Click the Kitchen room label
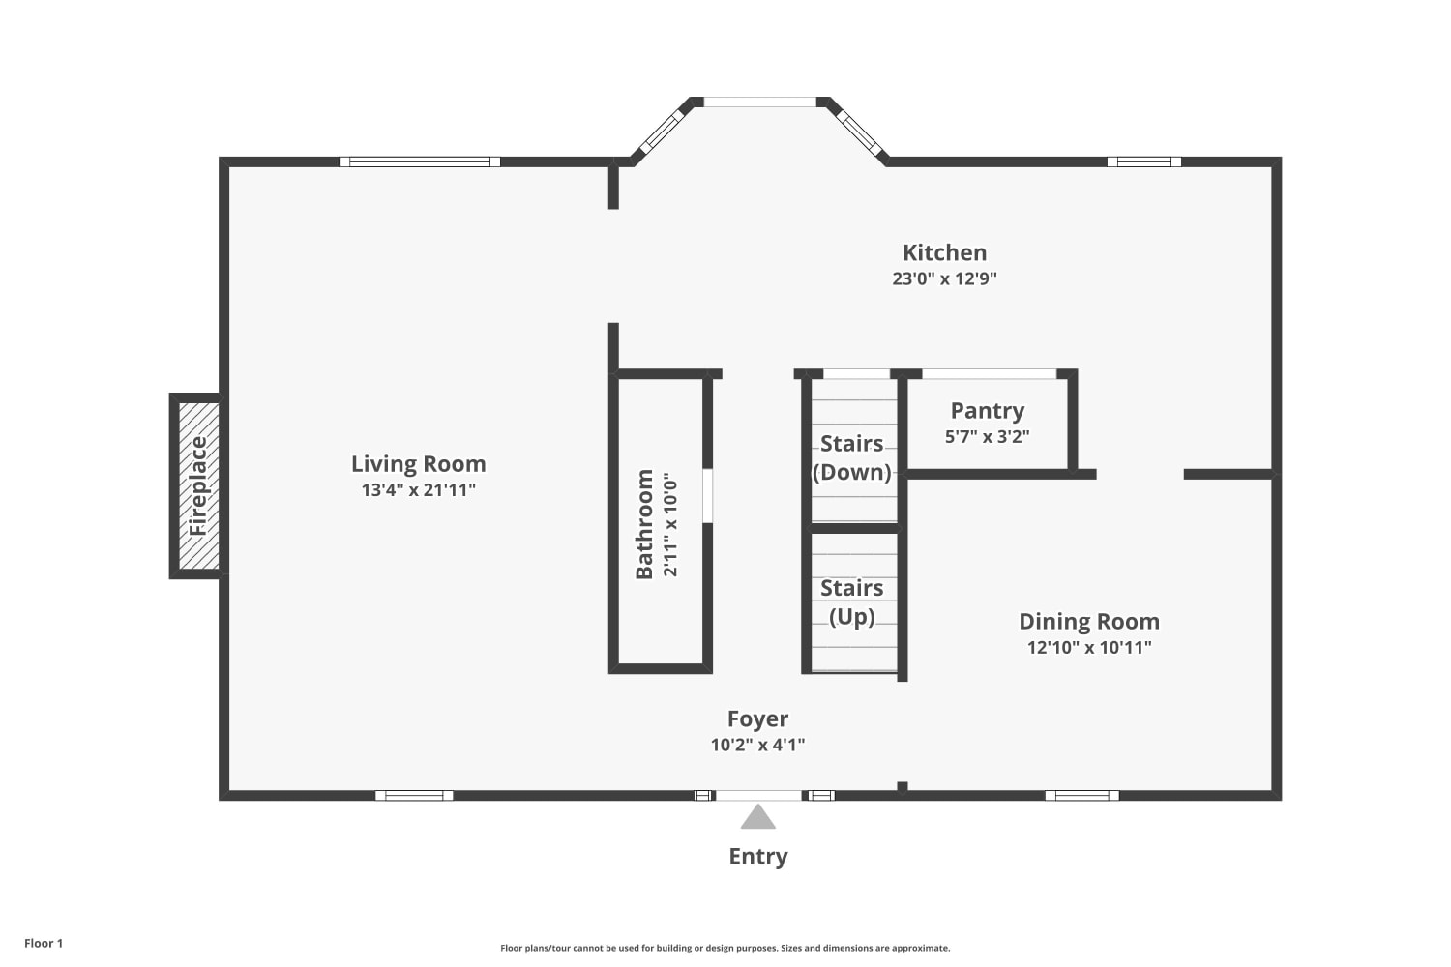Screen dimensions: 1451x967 (944, 252)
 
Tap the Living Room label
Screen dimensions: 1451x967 (419, 464)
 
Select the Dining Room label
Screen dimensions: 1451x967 (1089, 621)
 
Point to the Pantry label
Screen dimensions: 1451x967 (988, 411)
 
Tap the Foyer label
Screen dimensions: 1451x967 (757, 718)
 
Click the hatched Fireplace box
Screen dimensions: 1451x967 (198, 485)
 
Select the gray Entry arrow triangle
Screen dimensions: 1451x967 (757, 817)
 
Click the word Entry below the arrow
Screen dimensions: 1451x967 (757, 856)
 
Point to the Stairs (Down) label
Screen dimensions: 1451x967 (852, 457)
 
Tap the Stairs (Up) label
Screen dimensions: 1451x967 (852, 601)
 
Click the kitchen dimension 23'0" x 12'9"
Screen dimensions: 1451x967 (944, 278)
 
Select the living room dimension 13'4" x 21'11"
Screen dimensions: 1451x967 (419, 489)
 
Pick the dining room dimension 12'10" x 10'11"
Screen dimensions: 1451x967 (1089, 647)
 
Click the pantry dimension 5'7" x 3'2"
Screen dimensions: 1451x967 (988, 436)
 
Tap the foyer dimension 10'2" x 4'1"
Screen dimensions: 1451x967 (757, 745)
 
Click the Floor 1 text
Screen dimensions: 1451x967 (44, 943)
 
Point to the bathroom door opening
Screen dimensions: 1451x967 (707, 495)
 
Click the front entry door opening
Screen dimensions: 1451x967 (757, 796)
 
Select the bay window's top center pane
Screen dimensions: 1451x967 (759, 102)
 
